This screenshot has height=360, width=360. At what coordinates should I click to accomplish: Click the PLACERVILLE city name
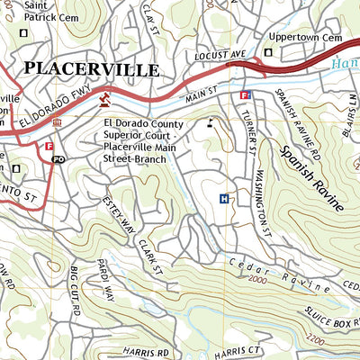tap(92, 69)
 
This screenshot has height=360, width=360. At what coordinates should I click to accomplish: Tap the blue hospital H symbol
tap(224, 199)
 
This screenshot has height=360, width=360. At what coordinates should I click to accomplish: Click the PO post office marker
tap(58, 159)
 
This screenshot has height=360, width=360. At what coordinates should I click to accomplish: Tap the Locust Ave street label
tap(220, 56)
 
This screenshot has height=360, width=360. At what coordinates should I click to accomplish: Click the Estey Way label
tap(120, 216)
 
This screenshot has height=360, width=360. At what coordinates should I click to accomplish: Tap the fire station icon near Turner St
tap(246, 94)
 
